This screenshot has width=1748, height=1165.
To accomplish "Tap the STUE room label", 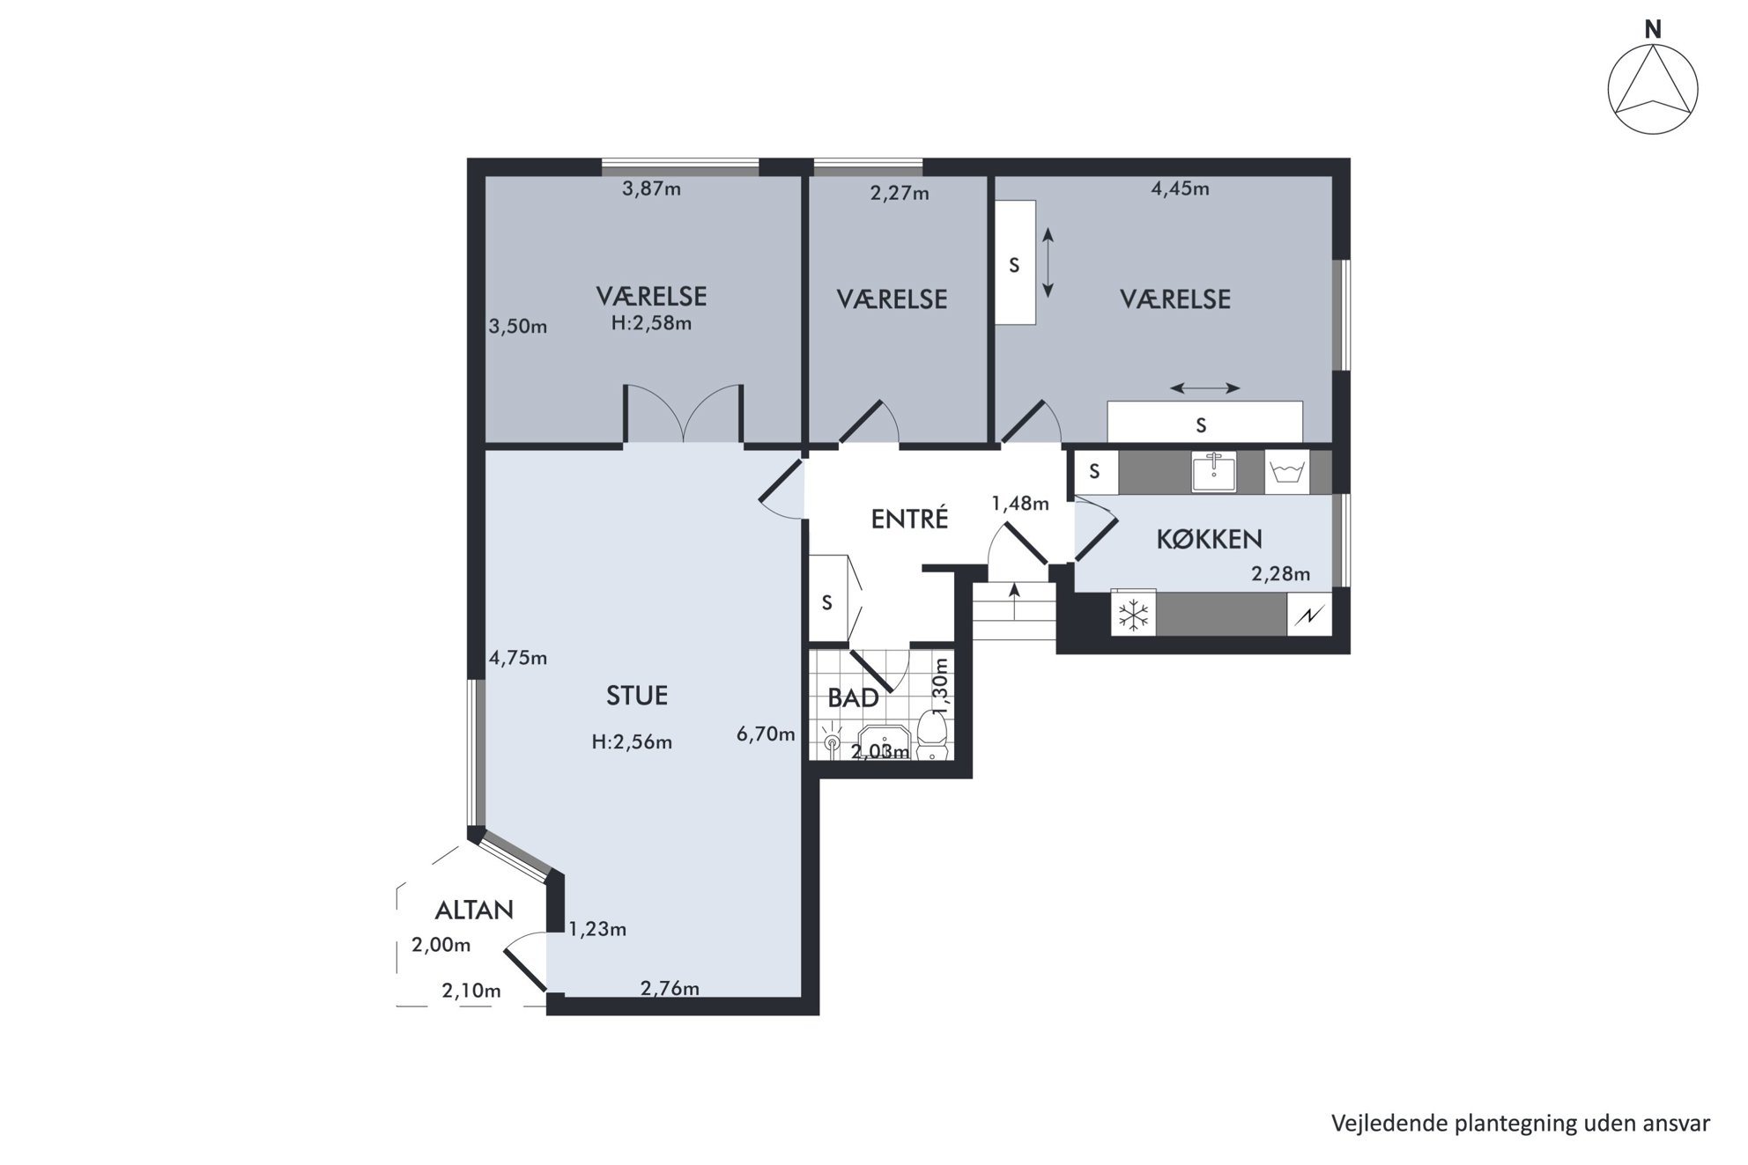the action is tap(637, 696).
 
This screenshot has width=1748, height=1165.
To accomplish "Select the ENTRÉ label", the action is tap(909, 518).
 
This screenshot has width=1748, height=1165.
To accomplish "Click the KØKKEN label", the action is tap(1209, 539).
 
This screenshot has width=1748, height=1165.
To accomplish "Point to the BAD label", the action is tap(853, 698).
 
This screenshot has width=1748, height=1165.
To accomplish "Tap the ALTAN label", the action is tap(474, 910).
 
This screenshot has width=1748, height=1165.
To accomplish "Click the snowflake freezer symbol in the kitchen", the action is tap(1134, 615).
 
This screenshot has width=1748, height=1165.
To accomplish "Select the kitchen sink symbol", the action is tap(1214, 472).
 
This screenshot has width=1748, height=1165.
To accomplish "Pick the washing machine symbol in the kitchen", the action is tap(1287, 472).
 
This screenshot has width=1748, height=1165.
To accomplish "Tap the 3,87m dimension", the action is tap(651, 188).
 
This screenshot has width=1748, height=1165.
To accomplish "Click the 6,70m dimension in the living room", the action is tap(766, 734).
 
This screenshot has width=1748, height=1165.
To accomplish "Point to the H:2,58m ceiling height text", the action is tap(651, 323).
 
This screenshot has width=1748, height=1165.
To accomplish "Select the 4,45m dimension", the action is tap(1180, 188).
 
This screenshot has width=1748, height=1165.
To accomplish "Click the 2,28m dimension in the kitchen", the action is tap(1280, 574).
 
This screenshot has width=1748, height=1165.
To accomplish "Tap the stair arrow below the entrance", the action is tap(1014, 601).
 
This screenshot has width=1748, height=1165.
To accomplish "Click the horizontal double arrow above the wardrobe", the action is tap(1205, 387).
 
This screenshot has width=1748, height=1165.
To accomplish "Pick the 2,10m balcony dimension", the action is tap(471, 991).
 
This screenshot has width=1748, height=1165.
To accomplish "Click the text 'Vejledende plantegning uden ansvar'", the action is tap(1521, 1124).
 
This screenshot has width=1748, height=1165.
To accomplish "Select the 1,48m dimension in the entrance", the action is tap(1020, 504).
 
